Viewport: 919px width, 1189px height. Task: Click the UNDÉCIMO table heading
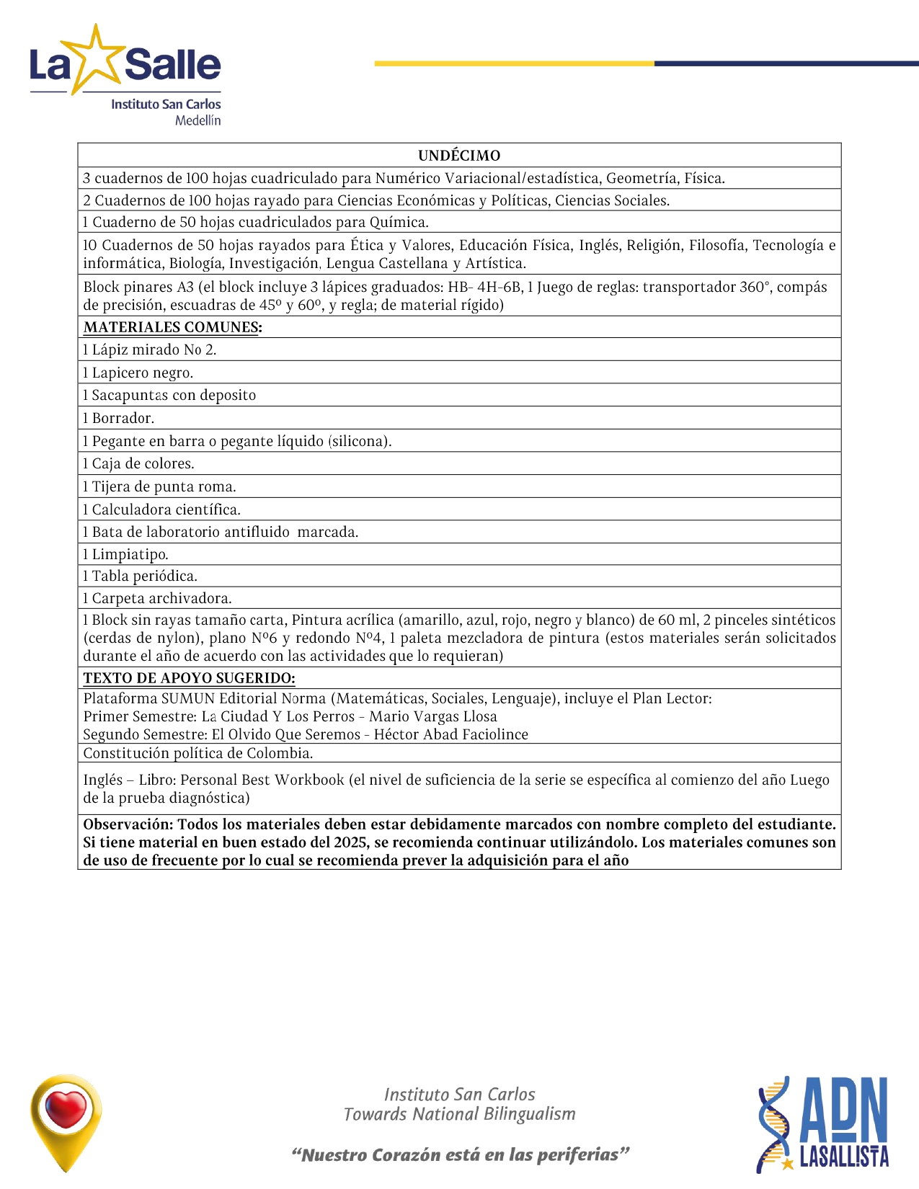459,156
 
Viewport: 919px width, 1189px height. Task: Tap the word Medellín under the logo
197,120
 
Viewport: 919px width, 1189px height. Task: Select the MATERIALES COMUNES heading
172,327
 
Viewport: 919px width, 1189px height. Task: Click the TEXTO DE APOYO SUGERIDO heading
189,678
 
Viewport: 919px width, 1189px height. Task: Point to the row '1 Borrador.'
119,418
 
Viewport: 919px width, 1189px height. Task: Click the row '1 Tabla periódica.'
141,576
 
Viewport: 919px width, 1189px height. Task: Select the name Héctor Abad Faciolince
450,734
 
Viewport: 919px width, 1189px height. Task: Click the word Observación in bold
128,824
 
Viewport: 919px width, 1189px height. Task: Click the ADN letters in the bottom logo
843,1109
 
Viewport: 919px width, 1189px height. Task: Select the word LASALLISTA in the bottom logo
844,1157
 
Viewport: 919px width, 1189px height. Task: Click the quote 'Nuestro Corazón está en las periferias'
461,1155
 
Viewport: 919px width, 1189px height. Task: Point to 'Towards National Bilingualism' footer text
459,1114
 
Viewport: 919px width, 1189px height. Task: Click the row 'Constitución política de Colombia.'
198,753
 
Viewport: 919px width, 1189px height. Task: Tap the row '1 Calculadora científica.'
162,509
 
